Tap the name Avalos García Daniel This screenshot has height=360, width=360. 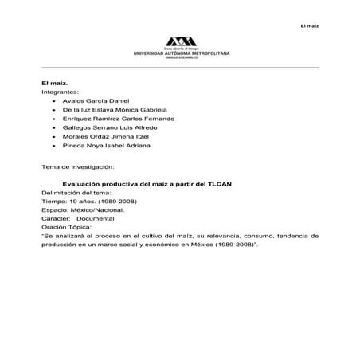(x=90, y=104)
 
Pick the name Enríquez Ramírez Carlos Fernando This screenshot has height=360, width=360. (x=108, y=125)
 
